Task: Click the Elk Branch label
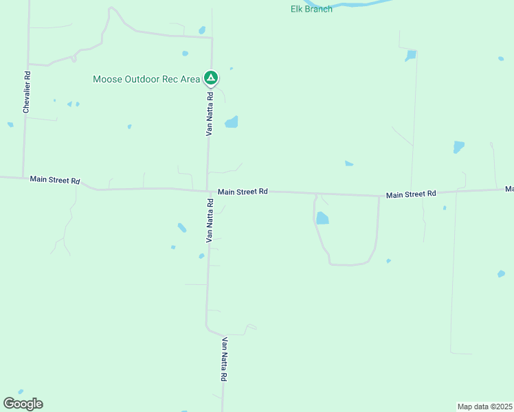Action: point(311,9)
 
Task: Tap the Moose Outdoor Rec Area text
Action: point(146,79)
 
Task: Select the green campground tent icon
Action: point(211,78)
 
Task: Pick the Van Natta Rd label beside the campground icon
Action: point(211,113)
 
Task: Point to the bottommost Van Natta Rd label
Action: point(224,358)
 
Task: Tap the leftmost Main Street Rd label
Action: point(55,180)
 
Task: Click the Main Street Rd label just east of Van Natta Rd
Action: point(243,192)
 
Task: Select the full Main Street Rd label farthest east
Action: point(411,194)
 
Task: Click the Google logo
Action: point(23,404)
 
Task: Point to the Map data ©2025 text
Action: point(484,407)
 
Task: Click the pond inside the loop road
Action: point(322,218)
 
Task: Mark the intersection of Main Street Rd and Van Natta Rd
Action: point(208,191)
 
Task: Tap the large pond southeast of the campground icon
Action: point(232,122)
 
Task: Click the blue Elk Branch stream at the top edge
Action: point(357,3)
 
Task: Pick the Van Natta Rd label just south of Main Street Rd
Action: point(210,220)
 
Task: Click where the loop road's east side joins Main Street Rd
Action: point(379,196)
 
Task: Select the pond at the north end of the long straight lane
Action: point(411,55)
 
